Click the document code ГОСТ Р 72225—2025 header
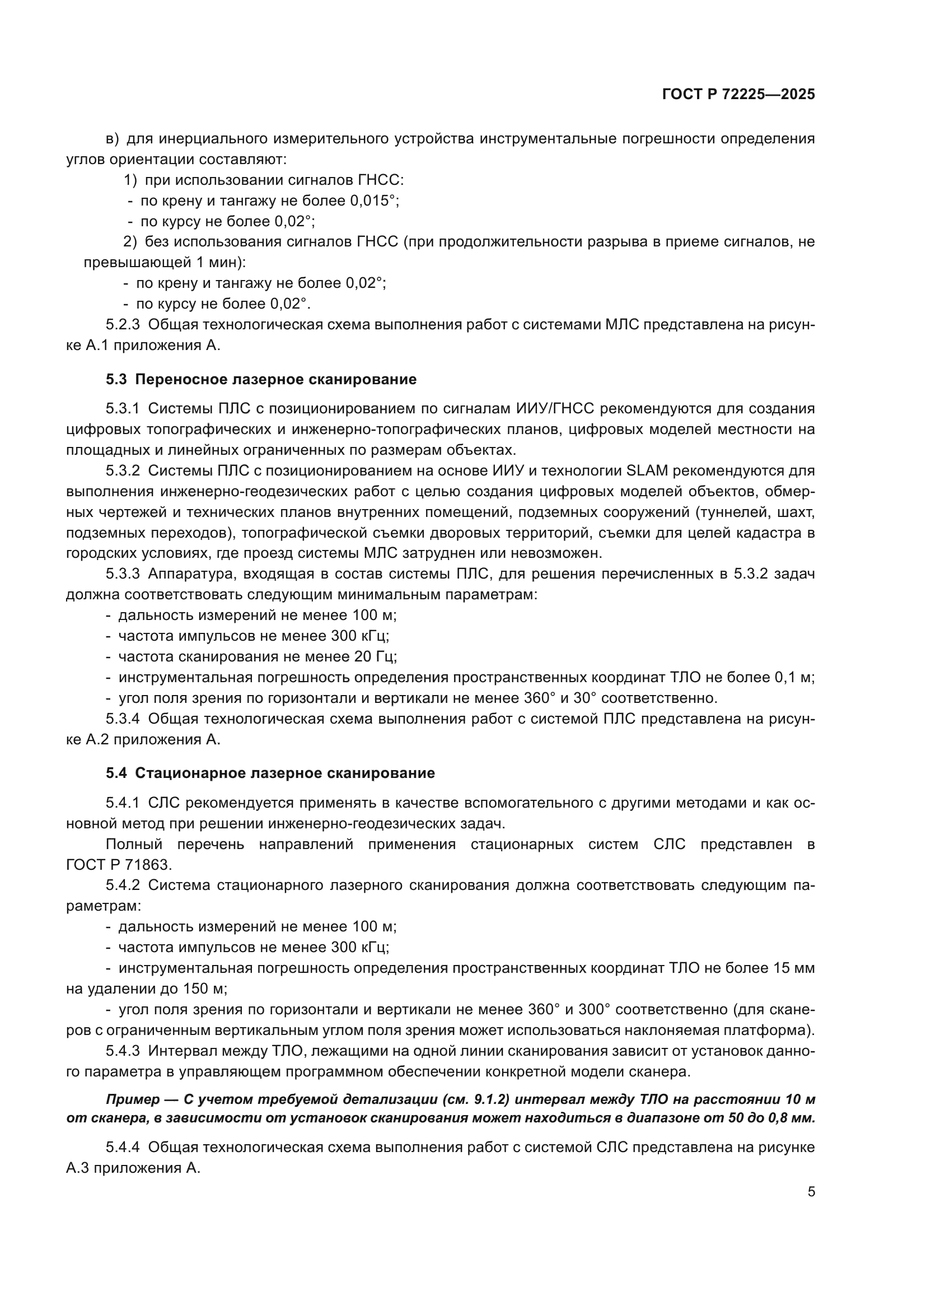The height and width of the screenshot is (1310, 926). point(738,94)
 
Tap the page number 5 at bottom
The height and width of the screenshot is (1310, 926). point(811,1191)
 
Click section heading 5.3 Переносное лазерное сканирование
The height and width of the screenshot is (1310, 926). point(261,379)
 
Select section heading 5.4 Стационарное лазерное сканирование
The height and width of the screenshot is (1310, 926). point(270,773)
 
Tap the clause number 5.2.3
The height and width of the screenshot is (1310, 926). point(123,325)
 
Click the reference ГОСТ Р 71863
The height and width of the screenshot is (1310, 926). point(119,865)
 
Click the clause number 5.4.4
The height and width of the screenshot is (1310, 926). point(123,1148)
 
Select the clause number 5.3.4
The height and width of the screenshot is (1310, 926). point(123,719)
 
